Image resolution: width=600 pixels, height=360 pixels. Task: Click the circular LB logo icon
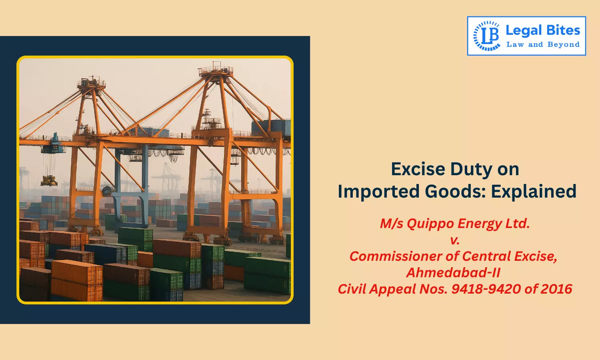487,36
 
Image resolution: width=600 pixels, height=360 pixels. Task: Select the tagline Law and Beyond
543,44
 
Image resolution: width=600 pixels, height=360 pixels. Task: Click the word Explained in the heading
534,192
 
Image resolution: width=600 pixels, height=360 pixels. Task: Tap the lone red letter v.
455,240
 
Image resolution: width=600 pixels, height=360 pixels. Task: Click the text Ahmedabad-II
453,272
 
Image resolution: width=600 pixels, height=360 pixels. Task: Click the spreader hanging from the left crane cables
49,181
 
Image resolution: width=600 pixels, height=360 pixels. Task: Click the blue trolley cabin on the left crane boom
54,145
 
